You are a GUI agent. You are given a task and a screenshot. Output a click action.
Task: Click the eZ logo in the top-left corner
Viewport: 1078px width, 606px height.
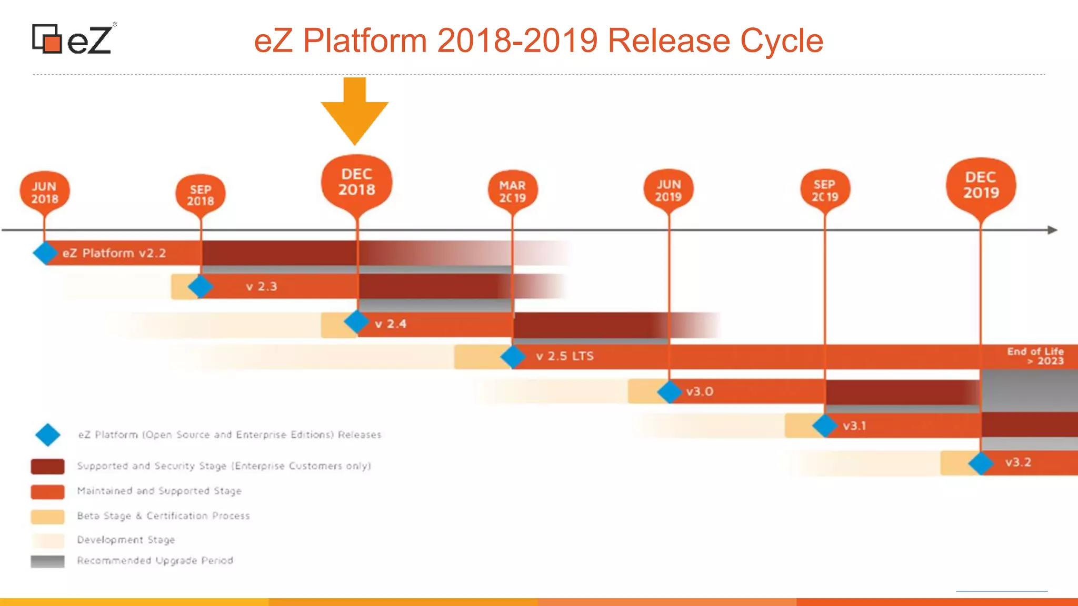[x=73, y=39]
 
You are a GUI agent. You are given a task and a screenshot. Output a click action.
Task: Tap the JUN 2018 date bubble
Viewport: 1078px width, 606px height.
[x=45, y=192]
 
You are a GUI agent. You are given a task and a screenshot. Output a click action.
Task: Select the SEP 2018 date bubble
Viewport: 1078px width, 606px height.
[x=201, y=195]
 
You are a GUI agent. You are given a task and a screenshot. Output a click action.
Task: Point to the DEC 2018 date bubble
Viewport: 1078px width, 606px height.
[x=357, y=182]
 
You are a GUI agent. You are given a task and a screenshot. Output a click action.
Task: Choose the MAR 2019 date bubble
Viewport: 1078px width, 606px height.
[x=512, y=191]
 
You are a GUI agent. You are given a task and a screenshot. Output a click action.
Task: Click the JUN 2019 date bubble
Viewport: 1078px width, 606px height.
[x=668, y=190]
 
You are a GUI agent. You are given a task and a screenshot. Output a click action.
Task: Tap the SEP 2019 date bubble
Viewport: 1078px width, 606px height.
[x=824, y=190]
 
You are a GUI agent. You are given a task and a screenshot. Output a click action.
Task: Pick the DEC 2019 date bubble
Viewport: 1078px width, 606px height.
[x=981, y=185]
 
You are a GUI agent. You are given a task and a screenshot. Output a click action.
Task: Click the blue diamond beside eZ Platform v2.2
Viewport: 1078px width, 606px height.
[x=45, y=253]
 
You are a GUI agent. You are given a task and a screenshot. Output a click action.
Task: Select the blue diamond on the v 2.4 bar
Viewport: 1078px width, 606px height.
[x=356, y=321]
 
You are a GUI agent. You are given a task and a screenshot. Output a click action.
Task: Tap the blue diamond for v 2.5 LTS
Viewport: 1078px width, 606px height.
[x=513, y=357]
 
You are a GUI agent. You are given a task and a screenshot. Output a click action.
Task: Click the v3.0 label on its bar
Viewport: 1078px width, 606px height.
[x=700, y=391]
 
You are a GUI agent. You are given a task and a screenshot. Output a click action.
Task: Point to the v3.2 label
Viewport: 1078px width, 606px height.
[x=1018, y=462]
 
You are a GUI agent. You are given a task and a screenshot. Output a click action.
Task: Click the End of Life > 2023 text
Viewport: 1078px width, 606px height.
[x=1035, y=356]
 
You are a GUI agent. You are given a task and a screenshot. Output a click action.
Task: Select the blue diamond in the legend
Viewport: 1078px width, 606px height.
[x=48, y=435]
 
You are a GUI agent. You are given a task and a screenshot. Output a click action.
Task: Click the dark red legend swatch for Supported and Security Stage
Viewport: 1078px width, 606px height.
[x=48, y=466]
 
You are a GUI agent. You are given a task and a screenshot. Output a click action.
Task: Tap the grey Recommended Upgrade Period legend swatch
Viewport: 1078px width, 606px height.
[x=48, y=561]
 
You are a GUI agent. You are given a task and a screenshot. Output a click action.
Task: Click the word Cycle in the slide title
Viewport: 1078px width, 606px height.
[x=781, y=41]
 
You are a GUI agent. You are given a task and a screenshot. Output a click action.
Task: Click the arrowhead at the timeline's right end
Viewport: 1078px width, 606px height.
[x=1052, y=230]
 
